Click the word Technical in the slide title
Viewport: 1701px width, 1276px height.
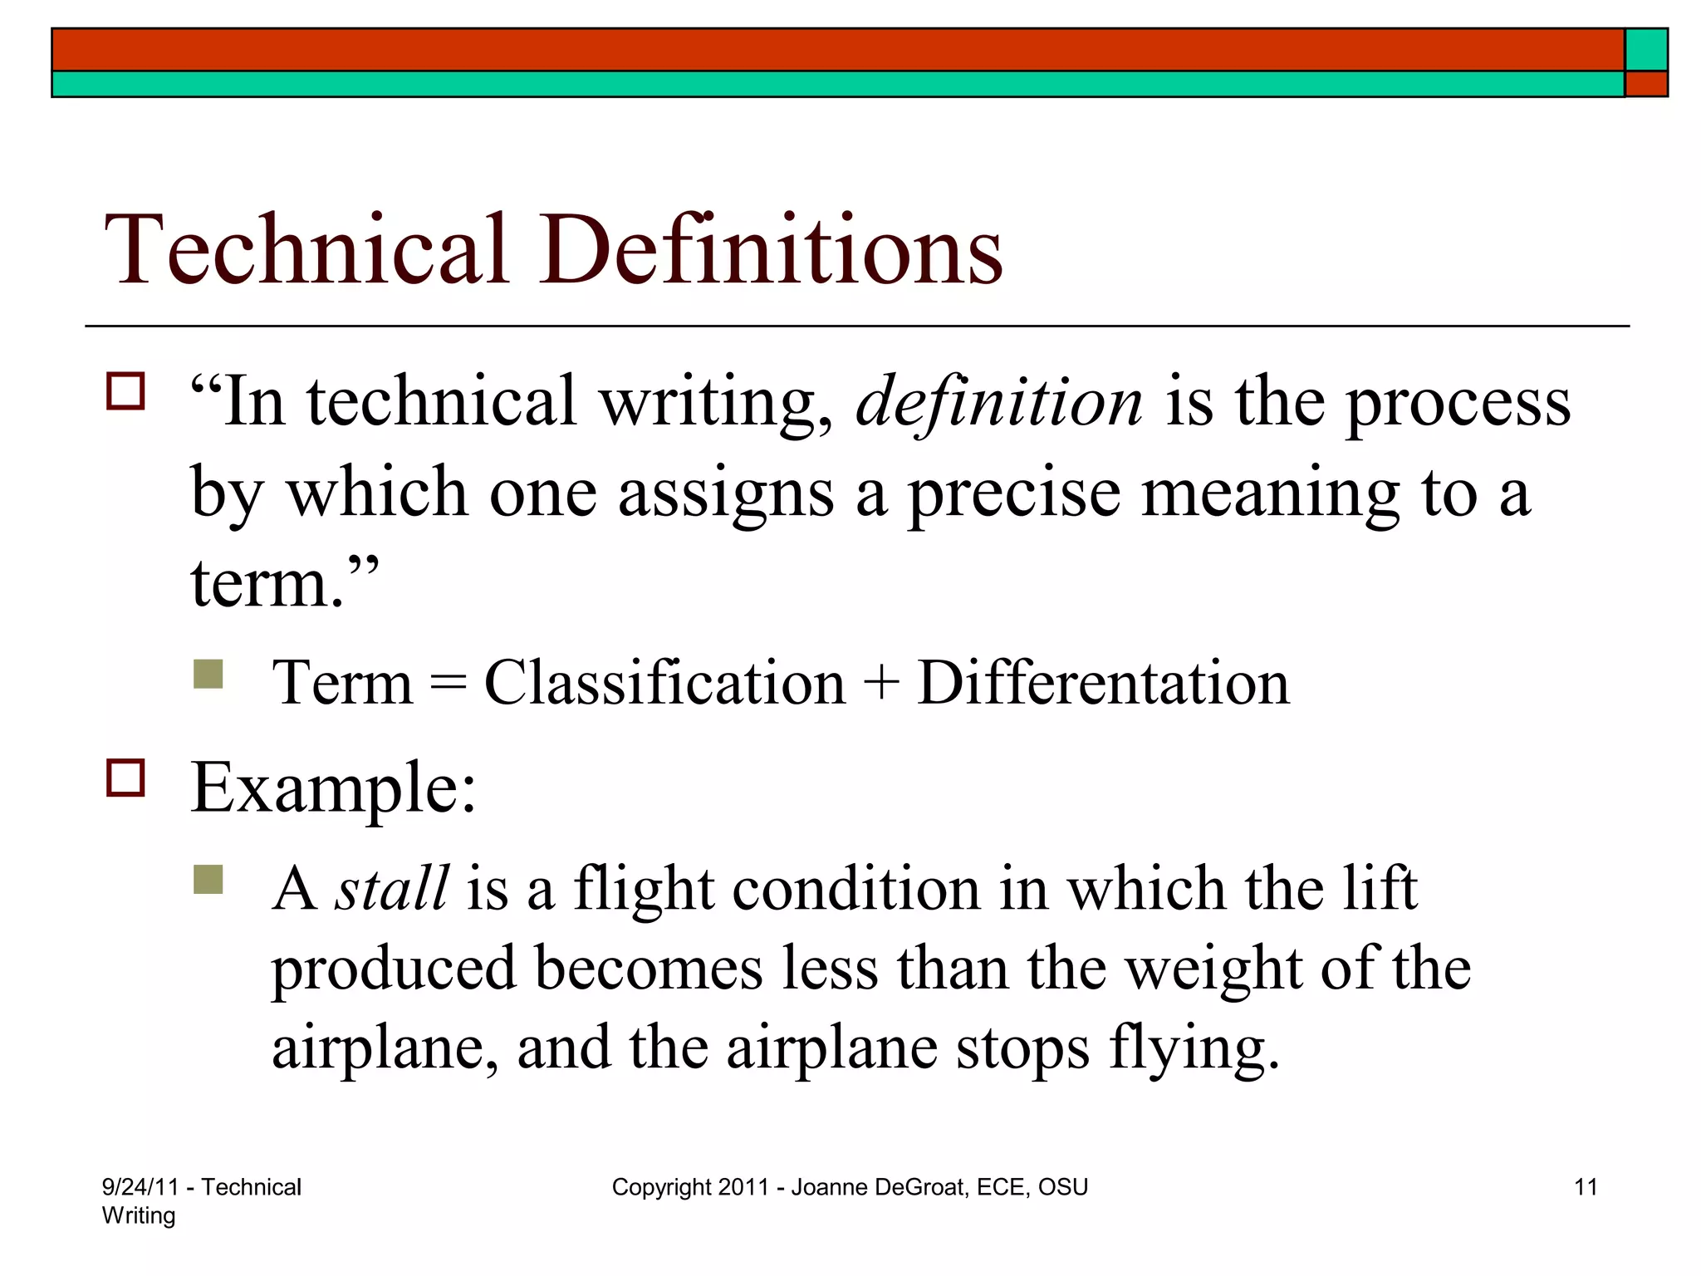(x=306, y=249)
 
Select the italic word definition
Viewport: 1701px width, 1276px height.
(x=999, y=403)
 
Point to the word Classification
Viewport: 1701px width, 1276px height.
(x=664, y=683)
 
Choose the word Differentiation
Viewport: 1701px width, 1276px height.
(x=1103, y=683)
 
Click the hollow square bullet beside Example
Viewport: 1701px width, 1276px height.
(x=125, y=778)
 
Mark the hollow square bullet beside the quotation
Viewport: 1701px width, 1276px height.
(x=125, y=391)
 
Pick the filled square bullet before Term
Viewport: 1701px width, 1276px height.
(x=208, y=674)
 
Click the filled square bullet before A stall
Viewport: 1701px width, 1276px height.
(x=208, y=879)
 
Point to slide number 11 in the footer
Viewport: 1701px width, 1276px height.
(x=1586, y=1187)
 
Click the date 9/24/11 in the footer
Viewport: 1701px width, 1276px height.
(x=140, y=1187)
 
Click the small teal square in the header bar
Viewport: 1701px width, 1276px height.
(x=1646, y=50)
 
